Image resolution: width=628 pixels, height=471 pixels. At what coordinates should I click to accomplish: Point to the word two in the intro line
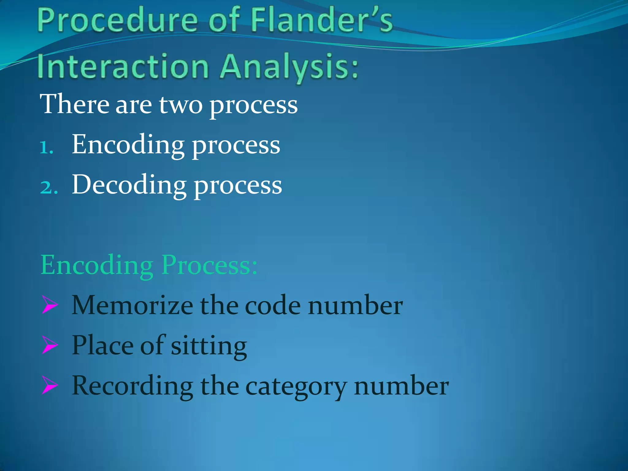coord(181,105)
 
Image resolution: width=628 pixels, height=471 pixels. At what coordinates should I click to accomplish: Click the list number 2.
coord(48,187)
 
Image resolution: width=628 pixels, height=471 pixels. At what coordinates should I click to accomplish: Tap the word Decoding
coord(129,185)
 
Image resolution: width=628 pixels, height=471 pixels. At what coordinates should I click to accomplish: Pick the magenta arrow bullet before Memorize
coord(50,305)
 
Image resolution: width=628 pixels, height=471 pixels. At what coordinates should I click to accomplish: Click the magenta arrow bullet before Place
coord(50,345)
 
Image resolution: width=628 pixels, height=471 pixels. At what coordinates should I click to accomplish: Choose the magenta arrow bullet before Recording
coord(50,385)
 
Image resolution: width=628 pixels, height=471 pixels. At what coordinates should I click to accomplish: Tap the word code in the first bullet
coord(273,306)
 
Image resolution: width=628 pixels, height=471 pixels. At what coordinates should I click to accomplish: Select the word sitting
coord(209,346)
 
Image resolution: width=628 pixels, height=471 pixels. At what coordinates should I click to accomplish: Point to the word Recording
coord(132,386)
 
